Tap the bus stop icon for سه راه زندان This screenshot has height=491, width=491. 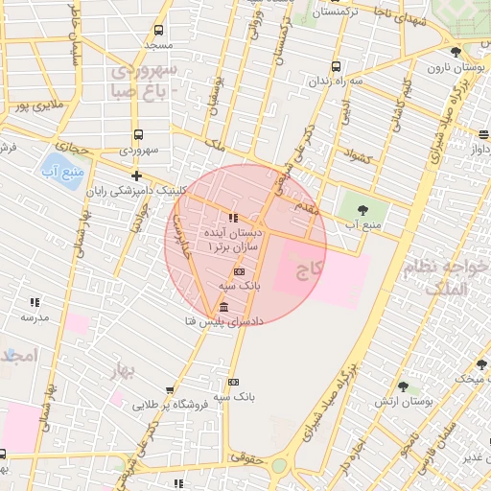335,66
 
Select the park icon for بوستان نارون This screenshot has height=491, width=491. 456,52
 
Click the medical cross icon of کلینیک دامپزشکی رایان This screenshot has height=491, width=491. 137,175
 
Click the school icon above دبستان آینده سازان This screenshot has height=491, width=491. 233,218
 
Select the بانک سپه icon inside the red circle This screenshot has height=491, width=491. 238,271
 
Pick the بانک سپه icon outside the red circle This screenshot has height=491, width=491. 233,382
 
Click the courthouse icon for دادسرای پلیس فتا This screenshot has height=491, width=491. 223,307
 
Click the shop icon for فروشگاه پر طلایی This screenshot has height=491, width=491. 170,390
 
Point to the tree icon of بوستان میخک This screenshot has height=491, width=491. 481,364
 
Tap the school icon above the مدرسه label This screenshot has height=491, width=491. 35,302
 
